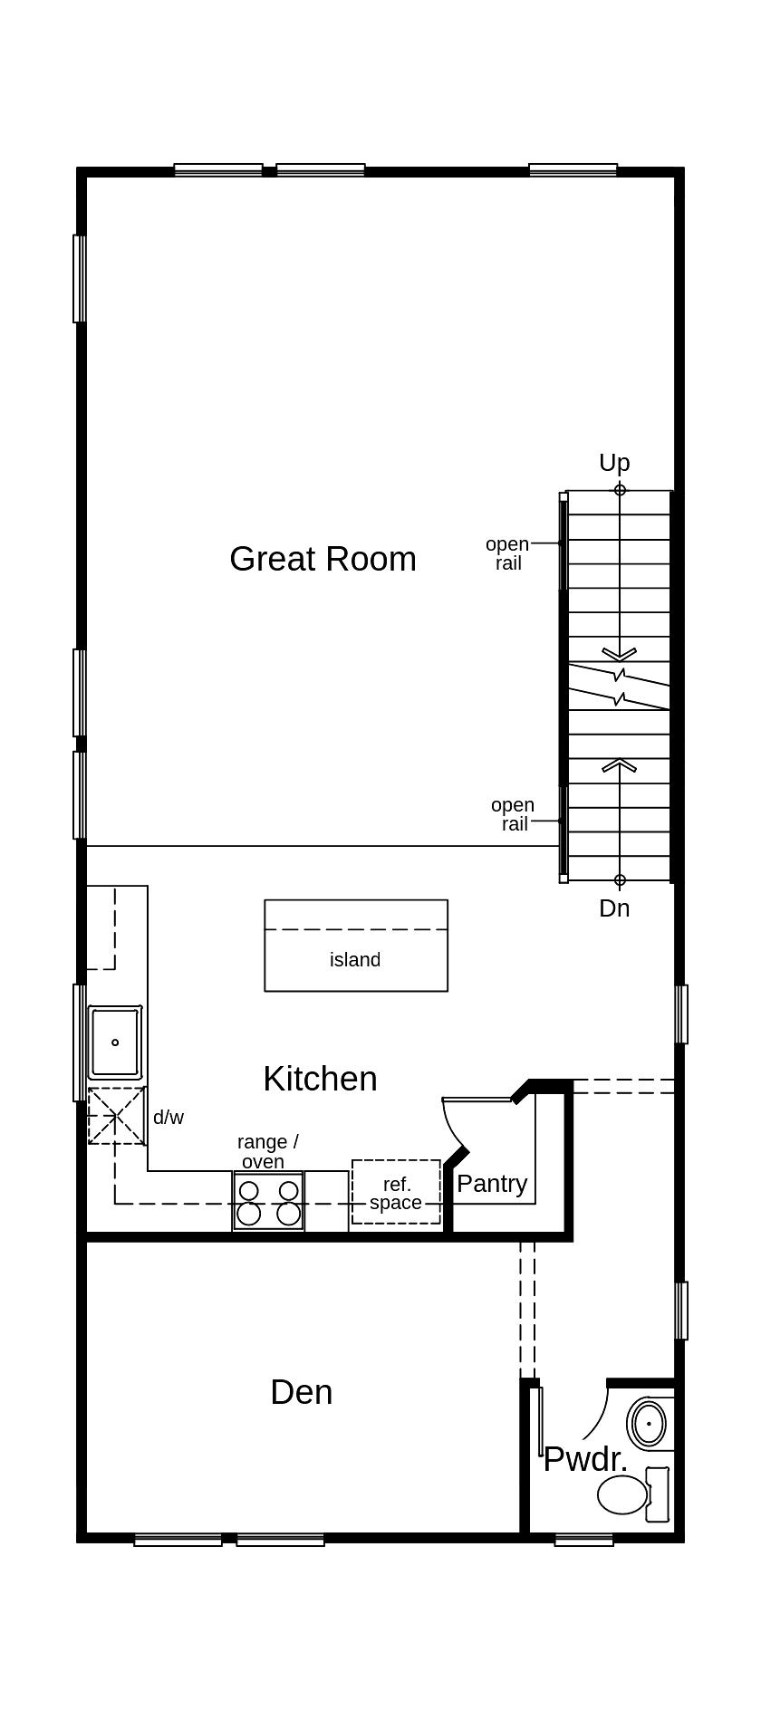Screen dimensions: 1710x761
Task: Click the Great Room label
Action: tap(323, 559)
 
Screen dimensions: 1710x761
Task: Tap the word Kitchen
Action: tap(320, 1079)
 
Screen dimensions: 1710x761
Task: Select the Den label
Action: tap(301, 1392)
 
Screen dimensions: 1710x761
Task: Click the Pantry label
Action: tap(492, 1184)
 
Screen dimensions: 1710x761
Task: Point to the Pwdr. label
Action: tap(584, 1459)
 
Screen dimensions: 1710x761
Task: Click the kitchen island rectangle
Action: tap(355, 946)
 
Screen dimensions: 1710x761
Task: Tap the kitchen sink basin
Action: tap(115, 1042)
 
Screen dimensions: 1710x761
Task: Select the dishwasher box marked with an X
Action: tap(116, 1117)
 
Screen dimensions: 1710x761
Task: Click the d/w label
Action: tap(169, 1118)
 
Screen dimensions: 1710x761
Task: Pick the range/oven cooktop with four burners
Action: tap(268, 1201)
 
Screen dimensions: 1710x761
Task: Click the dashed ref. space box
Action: tap(396, 1192)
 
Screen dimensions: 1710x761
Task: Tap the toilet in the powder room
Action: tap(625, 1494)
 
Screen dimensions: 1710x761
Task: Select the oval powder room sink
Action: tap(649, 1424)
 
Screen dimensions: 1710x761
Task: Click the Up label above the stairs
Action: tap(614, 463)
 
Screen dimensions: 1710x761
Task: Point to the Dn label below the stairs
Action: tap(614, 908)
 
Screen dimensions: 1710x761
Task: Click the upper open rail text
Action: tap(507, 553)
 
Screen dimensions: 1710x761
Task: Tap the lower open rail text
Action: tap(513, 814)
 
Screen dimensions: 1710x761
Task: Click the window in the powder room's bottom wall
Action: tap(583, 1539)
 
